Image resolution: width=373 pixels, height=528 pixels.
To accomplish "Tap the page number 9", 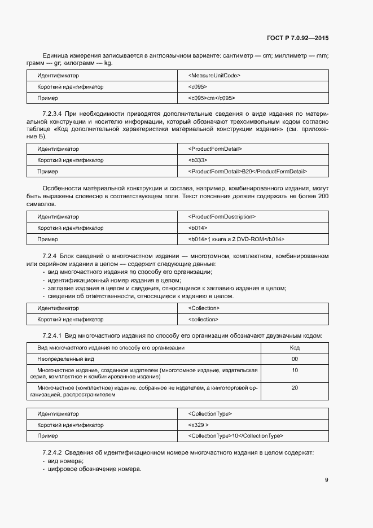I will pos(326,480).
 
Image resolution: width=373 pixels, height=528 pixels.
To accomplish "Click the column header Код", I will pos(294,348).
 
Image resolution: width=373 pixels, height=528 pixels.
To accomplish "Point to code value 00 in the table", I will pos(294,359).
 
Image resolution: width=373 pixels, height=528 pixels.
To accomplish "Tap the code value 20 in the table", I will pos(294,388).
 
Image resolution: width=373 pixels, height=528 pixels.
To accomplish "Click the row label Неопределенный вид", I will pos(65,359).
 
